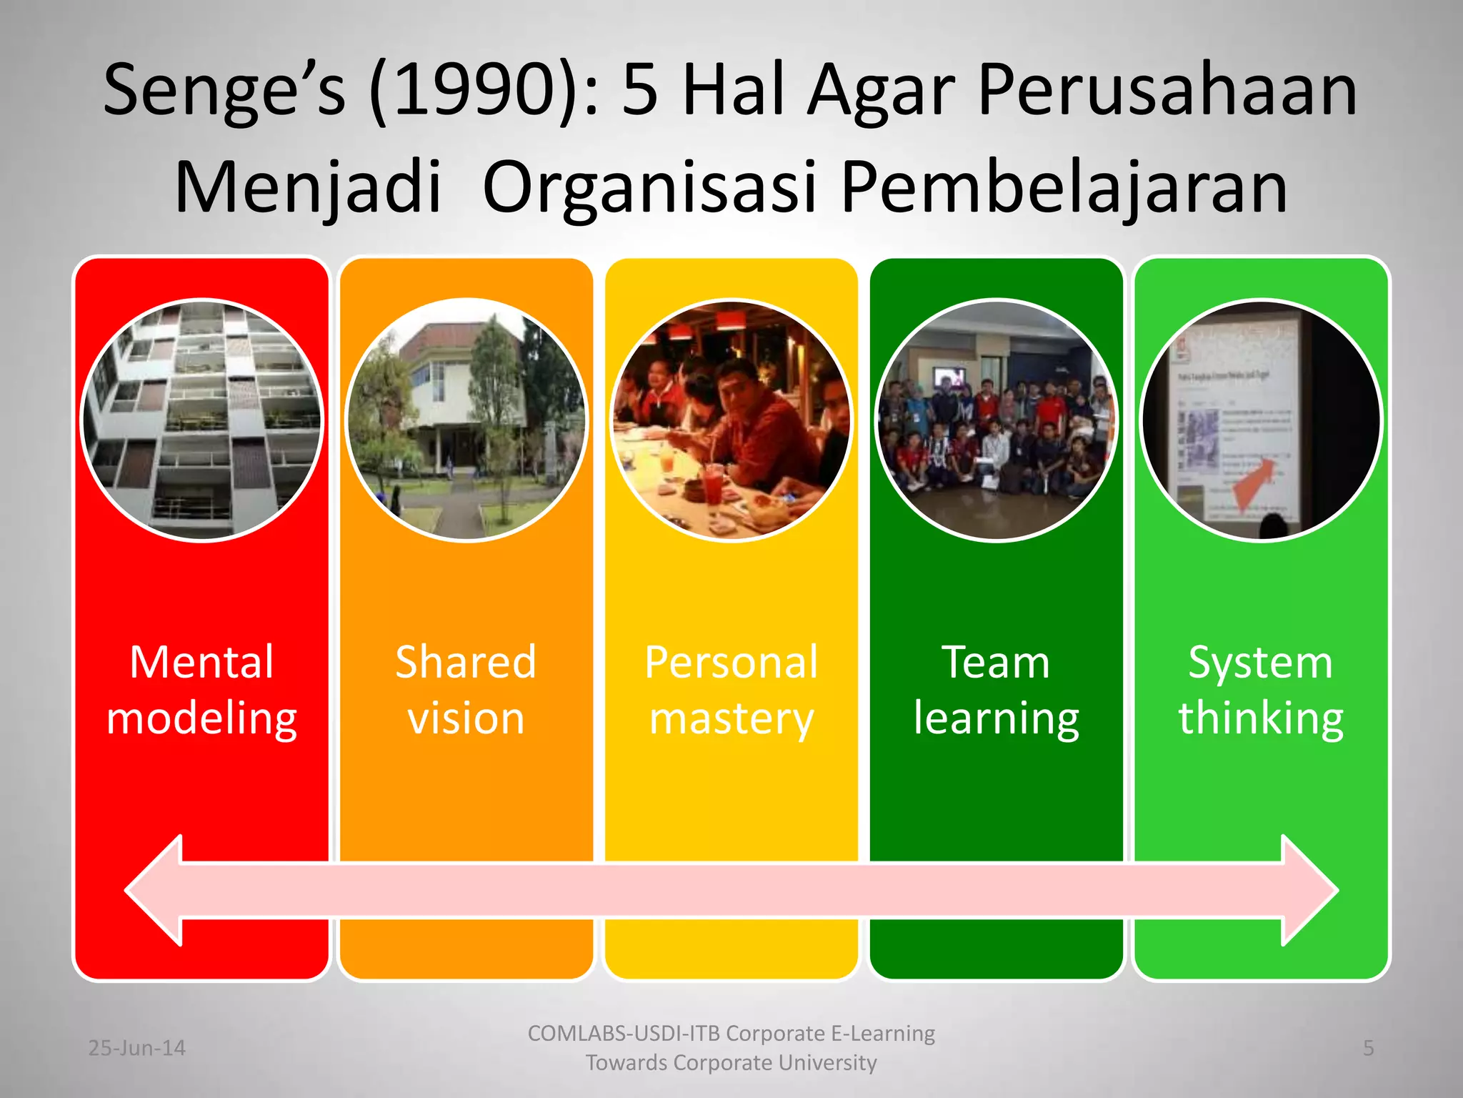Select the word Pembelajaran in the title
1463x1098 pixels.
coord(1064,187)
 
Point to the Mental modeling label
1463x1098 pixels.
coord(201,690)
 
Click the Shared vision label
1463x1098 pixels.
coord(466,690)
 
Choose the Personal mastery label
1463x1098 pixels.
coord(731,690)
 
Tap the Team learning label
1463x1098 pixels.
coord(996,690)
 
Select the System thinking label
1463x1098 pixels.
coord(1261,690)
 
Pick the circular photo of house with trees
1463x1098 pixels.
coord(466,420)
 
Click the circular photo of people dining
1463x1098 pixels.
coord(731,420)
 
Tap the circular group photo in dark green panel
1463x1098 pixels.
coord(996,420)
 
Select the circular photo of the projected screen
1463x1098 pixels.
coord(1261,420)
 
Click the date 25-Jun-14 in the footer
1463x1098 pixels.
coord(136,1048)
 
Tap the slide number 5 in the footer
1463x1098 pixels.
coord(1368,1048)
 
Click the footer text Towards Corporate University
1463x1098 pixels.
coord(731,1063)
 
